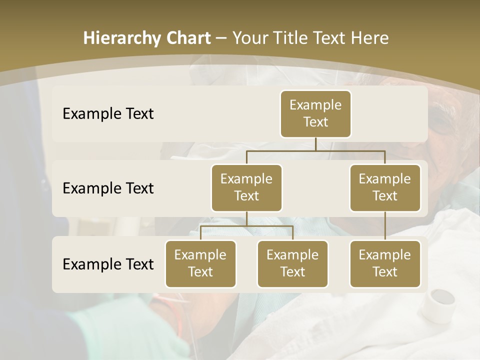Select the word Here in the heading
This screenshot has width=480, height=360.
(370, 38)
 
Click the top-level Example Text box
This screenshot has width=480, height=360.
(315, 114)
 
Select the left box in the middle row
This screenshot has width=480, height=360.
(246, 187)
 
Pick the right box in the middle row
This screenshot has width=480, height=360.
(385, 187)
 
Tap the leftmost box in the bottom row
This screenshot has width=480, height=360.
(200, 263)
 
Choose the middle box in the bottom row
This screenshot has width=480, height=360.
(292, 263)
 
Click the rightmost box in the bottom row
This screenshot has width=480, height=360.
(385, 263)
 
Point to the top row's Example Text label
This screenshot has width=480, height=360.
(108, 114)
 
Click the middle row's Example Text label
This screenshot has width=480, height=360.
(108, 188)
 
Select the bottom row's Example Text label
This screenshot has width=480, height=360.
(108, 264)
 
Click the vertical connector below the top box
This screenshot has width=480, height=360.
(315, 144)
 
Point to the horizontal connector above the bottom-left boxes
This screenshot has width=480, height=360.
(246, 226)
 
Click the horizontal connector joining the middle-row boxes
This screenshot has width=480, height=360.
(315, 150)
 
